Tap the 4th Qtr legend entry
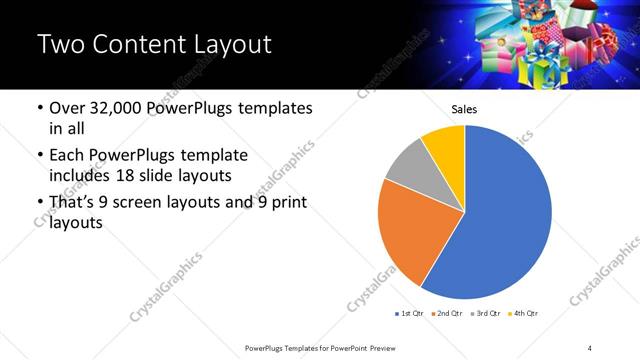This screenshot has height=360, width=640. point(525,314)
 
